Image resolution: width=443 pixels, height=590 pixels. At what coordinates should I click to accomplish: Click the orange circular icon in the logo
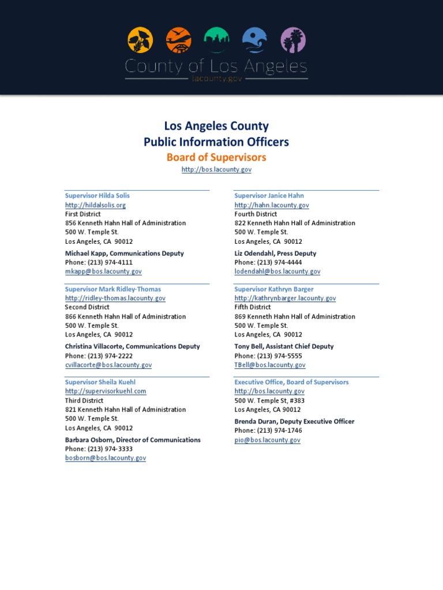click(x=178, y=40)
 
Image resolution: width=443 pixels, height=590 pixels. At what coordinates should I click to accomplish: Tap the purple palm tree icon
click(x=292, y=40)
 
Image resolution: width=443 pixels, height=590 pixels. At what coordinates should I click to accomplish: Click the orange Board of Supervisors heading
click(x=216, y=157)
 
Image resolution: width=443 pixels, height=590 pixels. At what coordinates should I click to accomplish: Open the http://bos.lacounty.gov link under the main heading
click(x=216, y=170)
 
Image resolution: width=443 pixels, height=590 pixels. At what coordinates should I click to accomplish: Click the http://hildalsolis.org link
click(x=95, y=205)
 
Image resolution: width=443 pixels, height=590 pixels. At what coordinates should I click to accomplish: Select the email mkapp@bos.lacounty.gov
click(x=103, y=271)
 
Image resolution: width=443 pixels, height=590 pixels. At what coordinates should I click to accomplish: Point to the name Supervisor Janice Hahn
click(x=269, y=196)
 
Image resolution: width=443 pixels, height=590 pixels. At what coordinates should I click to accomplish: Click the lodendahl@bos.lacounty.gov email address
click(x=277, y=271)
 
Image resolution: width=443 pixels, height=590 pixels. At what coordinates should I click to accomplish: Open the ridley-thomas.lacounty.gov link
click(x=115, y=298)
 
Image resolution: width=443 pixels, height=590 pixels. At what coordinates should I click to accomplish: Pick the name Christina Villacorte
click(x=94, y=347)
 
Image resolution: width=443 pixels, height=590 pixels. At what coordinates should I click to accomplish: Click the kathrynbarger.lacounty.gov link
click(x=285, y=298)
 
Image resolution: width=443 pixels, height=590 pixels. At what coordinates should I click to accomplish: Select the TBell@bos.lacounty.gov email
click(x=270, y=365)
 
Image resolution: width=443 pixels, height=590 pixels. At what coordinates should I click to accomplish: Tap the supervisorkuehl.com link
click(x=106, y=391)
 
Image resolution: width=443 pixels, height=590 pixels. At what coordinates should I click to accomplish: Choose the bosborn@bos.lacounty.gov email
click(x=106, y=458)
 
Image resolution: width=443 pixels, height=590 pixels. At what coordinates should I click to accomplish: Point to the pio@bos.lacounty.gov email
click(x=267, y=440)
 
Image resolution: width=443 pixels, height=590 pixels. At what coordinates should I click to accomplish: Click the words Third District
click(x=84, y=400)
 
